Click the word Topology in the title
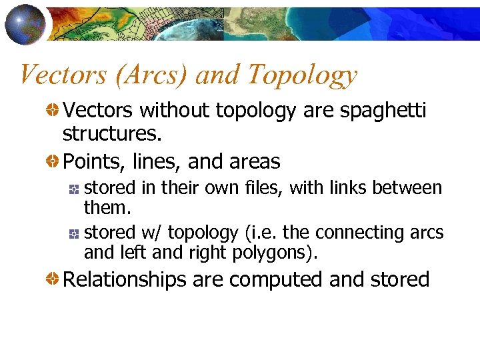click(x=303, y=75)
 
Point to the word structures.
click(x=112, y=133)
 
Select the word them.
click(x=107, y=207)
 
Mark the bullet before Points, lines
click(x=51, y=161)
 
